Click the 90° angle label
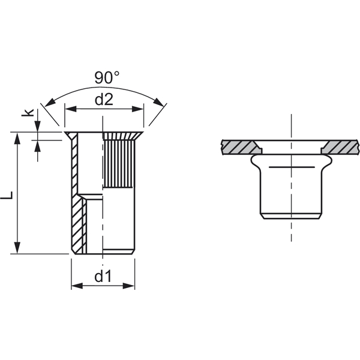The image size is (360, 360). click(x=107, y=77)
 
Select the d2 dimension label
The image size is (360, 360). click(x=104, y=100)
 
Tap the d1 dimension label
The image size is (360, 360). click(x=103, y=276)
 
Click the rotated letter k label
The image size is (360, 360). click(x=28, y=112)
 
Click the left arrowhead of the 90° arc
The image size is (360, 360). click(x=50, y=103)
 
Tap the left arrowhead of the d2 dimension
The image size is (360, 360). click(x=71, y=109)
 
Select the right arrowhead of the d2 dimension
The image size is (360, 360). click(x=138, y=109)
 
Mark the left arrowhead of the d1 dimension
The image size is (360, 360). click(x=77, y=286)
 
